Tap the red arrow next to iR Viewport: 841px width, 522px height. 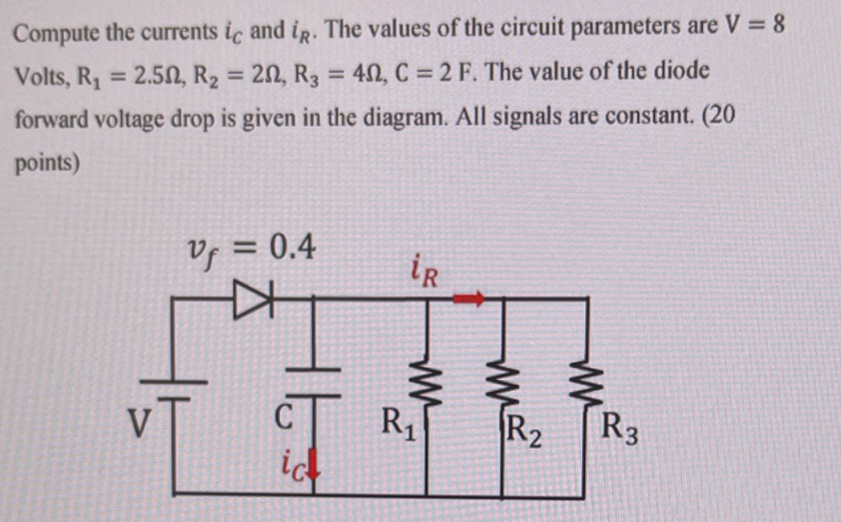tap(468, 299)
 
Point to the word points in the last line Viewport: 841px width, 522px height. tap(46, 162)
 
